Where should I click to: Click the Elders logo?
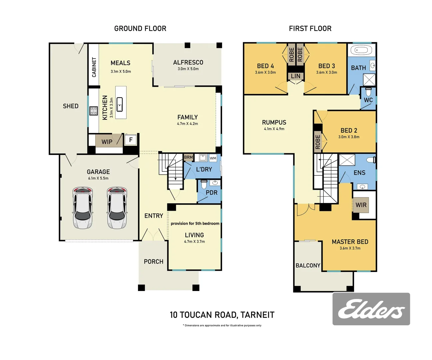coord(371,309)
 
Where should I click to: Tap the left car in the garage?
coord(83,208)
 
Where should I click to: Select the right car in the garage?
coord(117,208)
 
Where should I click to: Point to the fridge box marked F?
coord(131,140)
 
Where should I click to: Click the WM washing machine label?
coord(213,158)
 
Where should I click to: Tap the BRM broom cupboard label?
coord(188,157)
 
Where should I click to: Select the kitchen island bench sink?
coord(120,104)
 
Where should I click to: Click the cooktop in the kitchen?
coord(93,111)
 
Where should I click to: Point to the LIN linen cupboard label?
coord(296,76)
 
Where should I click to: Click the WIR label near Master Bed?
coord(361,205)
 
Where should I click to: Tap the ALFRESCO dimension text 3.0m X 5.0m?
coord(188,69)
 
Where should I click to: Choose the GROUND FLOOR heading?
coord(140,29)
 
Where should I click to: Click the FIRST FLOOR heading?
coord(310,29)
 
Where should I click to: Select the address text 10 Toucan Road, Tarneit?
coord(222,315)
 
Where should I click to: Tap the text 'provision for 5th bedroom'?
coord(195,223)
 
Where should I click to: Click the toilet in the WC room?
coord(368,91)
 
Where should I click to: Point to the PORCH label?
coord(154,262)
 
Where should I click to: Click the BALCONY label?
coord(308,266)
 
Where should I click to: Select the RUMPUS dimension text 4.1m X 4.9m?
coord(274,129)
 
